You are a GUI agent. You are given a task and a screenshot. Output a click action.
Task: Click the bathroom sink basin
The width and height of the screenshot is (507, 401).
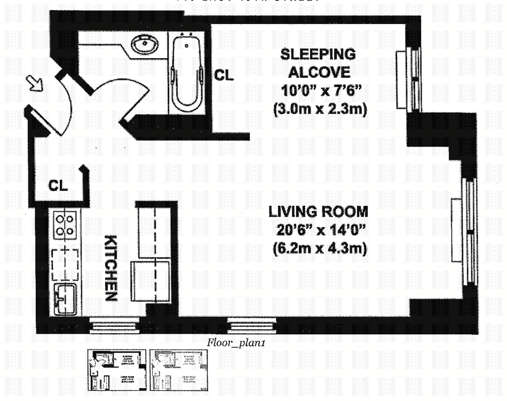click(142, 45)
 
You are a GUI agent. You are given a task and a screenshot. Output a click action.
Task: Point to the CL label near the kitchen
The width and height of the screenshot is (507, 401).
click(58, 186)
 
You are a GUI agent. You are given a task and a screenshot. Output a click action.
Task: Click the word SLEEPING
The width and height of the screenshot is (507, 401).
click(318, 54)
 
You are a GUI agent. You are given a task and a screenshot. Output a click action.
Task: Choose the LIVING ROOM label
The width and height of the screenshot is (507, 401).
click(319, 212)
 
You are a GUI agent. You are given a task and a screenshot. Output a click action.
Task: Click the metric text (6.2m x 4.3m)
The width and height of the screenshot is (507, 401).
click(319, 248)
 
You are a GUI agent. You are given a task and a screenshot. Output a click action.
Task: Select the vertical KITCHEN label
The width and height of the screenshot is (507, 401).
click(110, 268)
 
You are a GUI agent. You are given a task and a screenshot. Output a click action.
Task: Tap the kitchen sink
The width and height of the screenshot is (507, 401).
click(65, 299)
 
